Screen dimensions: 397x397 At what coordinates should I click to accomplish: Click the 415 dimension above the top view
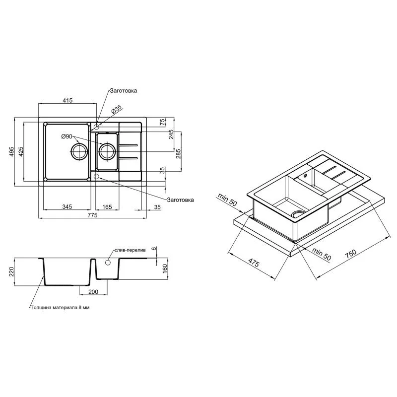[67, 100]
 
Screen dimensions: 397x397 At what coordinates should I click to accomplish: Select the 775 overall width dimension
[92, 215]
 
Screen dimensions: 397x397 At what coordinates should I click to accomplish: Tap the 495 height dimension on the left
[12, 152]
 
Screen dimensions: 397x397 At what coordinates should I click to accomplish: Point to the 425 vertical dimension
[21, 152]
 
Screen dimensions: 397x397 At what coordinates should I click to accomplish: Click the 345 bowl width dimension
[67, 207]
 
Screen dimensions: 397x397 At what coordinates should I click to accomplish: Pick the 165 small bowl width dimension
[107, 207]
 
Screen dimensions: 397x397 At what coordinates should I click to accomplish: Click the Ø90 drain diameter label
[66, 137]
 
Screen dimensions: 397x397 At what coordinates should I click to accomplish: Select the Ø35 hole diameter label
[117, 109]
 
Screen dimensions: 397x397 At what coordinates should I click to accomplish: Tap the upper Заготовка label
[123, 91]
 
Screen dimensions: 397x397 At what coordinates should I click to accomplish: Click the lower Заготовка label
[180, 200]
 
